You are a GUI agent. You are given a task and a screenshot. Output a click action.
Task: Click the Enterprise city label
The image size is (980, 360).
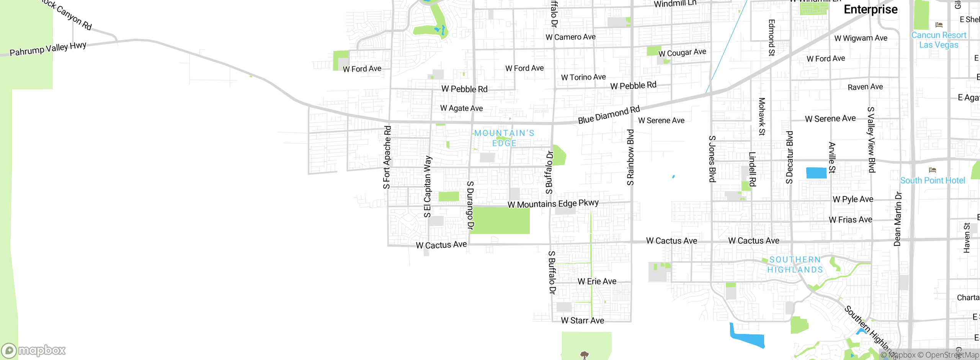tap(871, 10)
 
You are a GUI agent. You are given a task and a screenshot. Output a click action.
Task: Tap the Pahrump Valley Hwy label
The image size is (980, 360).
tap(48, 49)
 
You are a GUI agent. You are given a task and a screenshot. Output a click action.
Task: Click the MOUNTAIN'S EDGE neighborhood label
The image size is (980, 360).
tap(504, 138)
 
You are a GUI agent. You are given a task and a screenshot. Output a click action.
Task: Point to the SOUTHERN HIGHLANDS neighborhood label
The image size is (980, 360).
tap(795, 265)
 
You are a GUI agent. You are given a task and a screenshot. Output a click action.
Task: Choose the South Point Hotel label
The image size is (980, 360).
tap(933, 180)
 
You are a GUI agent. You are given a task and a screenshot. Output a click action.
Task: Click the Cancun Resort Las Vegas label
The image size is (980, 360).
tap(939, 40)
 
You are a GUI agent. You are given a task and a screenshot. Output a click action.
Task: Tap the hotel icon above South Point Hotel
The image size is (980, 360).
tap(933, 170)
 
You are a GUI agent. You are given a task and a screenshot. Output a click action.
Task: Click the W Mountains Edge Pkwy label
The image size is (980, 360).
tap(553, 204)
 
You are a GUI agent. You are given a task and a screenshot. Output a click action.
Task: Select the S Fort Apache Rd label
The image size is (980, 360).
tap(387, 157)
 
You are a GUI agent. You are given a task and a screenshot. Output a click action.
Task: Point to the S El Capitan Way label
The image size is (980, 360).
tap(428, 187)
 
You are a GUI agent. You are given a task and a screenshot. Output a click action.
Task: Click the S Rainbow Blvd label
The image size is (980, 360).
tap(630, 157)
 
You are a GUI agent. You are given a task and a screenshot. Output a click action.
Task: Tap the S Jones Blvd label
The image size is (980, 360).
tap(712, 159)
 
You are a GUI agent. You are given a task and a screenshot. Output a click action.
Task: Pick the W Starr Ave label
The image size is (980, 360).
tap(582, 321)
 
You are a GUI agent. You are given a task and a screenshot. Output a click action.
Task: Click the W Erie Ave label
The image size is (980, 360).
tap(597, 281)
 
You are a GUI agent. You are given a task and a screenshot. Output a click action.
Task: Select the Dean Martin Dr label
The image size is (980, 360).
tap(898, 219)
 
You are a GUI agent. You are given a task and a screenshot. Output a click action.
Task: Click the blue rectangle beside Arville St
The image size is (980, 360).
tap(816, 173)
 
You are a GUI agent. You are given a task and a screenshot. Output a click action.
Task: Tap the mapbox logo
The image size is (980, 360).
tap(34, 350)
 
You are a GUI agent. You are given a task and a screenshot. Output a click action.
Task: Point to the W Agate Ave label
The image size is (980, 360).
tap(461, 108)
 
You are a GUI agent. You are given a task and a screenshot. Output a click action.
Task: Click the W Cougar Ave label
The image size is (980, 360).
tap(682, 52)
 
